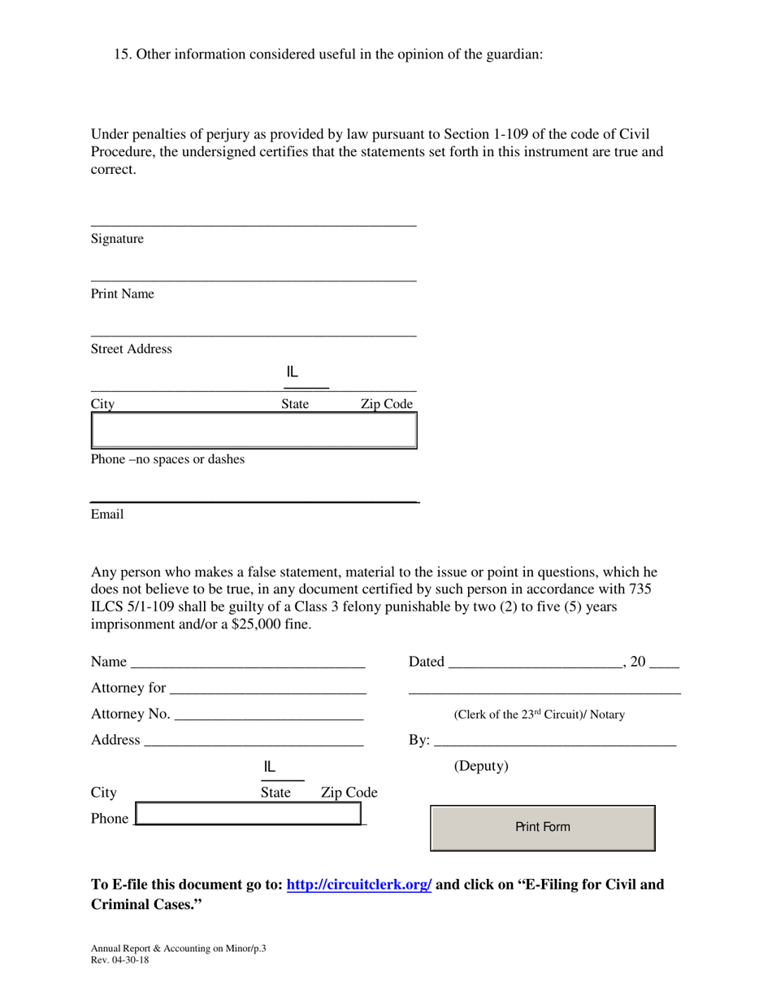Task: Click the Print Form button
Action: click(542, 828)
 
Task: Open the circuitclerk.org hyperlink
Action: click(359, 885)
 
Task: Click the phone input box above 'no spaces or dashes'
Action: click(254, 430)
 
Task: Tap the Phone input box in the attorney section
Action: click(248, 814)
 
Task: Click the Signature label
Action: click(117, 239)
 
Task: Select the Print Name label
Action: click(122, 294)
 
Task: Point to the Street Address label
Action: click(131, 350)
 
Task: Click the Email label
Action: click(106, 515)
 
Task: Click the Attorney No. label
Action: click(130, 714)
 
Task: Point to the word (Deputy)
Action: click(481, 767)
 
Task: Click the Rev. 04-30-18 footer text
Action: click(119, 959)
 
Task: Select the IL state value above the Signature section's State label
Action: click(293, 373)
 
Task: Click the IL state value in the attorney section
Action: click(270, 767)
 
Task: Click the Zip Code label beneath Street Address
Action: click(387, 404)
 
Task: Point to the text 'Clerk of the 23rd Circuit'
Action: click(516, 715)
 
